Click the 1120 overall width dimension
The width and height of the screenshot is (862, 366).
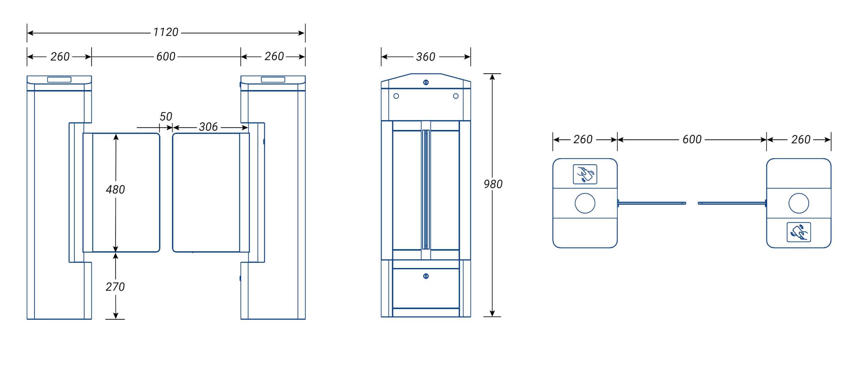tap(166, 32)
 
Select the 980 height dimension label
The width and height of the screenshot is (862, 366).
tap(493, 184)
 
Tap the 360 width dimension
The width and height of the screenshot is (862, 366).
tap(425, 57)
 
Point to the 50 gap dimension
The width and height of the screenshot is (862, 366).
tap(166, 116)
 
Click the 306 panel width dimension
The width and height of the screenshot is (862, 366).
tap(208, 127)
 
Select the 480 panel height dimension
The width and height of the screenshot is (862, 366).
tap(115, 189)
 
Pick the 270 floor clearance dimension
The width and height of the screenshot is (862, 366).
tap(115, 287)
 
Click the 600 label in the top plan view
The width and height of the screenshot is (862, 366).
tap(692, 139)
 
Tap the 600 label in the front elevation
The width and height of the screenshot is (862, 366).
tap(166, 56)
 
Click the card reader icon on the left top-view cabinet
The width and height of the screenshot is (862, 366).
tap(585, 174)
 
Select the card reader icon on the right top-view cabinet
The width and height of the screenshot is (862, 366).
tap(799, 232)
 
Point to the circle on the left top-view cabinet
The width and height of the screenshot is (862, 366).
tap(585, 203)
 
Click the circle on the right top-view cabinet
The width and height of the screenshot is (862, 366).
tap(799, 203)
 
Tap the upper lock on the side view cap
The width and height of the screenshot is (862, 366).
tap(426, 82)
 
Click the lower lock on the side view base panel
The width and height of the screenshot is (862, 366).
tap(426, 276)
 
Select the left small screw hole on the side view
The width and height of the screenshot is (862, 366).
tap(396, 96)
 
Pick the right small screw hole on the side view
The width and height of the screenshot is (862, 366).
tap(456, 96)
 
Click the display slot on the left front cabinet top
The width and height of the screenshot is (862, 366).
tap(59, 80)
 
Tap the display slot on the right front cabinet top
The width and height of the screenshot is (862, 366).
tap(273, 80)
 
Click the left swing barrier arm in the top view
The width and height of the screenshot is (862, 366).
tap(652, 203)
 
